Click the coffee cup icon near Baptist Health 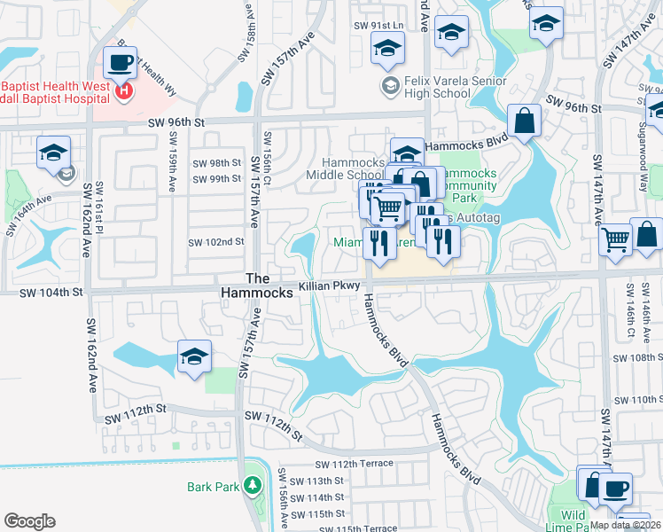[120, 63]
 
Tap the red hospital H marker [125, 90]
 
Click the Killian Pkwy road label [330, 286]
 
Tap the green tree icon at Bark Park [253, 486]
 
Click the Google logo [29, 520]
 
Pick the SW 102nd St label [215, 242]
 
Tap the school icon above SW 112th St [194, 357]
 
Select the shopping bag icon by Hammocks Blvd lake [525, 121]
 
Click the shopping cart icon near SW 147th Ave [615, 239]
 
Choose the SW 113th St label [317, 481]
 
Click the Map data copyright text [625, 525]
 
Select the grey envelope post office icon [66, 175]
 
